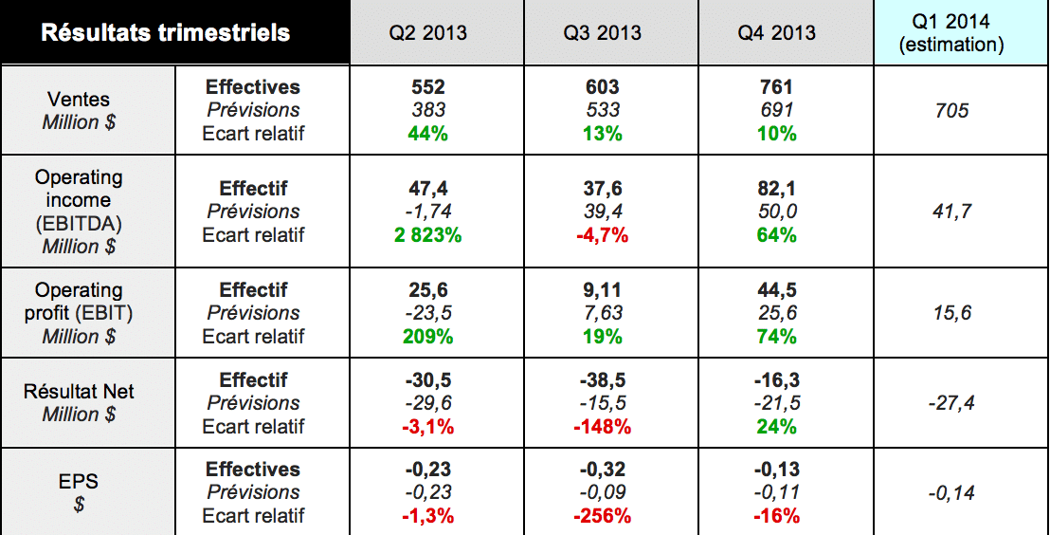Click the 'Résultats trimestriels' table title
(x=165, y=33)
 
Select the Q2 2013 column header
(x=428, y=33)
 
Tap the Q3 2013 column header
(x=603, y=33)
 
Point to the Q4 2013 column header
(x=777, y=33)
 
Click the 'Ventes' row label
(x=79, y=99)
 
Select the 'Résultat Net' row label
(x=79, y=391)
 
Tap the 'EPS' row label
(x=79, y=481)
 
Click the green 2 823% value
(x=428, y=234)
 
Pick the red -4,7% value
(x=603, y=234)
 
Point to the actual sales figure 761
(x=777, y=87)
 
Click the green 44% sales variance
(x=428, y=133)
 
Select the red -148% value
(x=603, y=426)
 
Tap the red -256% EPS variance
(x=603, y=516)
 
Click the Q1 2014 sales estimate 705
(x=951, y=111)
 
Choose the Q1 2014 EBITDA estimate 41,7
(x=951, y=212)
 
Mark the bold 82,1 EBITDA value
(x=777, y=189)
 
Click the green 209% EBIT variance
(x=428, y=336)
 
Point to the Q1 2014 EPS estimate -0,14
(x=951, y=493)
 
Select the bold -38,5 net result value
(x=603, y=380)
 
